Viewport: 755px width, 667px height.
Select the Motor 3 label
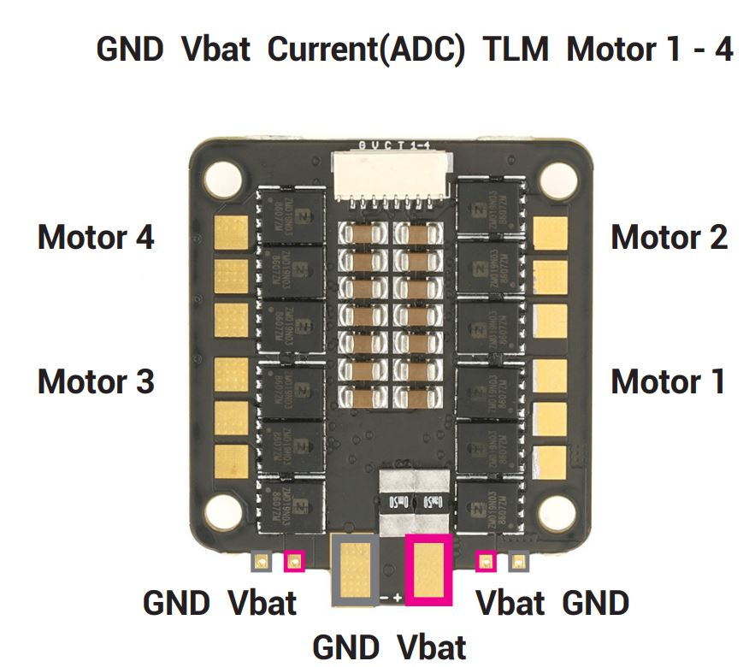click(x=96, y=381)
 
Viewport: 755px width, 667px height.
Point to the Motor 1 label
click(x=668, y=381)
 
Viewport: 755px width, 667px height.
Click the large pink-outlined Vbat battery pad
click(x=428, y=569)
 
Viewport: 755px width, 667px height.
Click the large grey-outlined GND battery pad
click(x=354, y=569)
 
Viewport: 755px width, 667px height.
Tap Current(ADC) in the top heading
click(x=367, y=49)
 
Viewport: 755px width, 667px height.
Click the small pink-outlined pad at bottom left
click(x=293, y=562)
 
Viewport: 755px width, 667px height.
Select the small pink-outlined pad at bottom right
click(x=486, y=562)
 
